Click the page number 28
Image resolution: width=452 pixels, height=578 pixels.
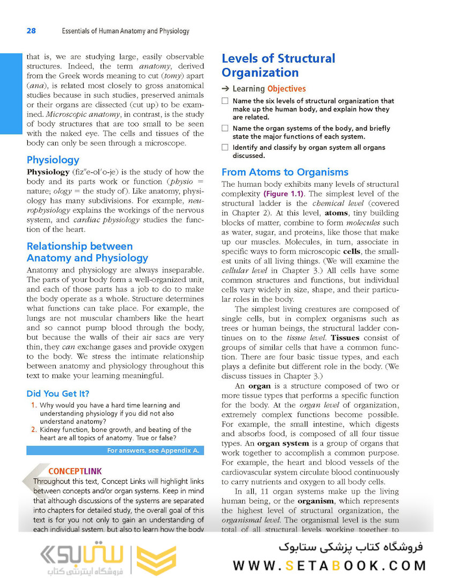(31, 31)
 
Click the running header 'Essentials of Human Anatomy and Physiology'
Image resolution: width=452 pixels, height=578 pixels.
(125, 31)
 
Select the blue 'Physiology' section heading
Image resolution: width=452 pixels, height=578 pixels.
(53, 159)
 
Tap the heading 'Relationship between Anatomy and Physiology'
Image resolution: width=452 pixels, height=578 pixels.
(87, 252)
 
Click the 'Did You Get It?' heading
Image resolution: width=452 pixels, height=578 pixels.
(58, 393)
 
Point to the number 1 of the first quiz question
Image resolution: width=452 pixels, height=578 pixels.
(33, 406)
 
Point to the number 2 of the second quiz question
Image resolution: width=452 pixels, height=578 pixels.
(33, 430)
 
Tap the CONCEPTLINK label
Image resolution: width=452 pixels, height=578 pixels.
(74, 471)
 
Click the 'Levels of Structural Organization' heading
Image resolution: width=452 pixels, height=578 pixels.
(278, 66)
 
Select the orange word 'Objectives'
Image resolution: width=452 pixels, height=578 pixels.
(287, 89)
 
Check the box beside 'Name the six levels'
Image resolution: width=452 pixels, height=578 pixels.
(225, 101)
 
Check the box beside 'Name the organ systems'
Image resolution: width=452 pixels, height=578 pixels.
(225, 128)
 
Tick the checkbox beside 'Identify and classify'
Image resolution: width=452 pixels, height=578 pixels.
(225, 148)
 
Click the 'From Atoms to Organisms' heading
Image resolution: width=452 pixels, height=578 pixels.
(285, 172)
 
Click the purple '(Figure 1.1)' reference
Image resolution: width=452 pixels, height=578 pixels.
(283, 194)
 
